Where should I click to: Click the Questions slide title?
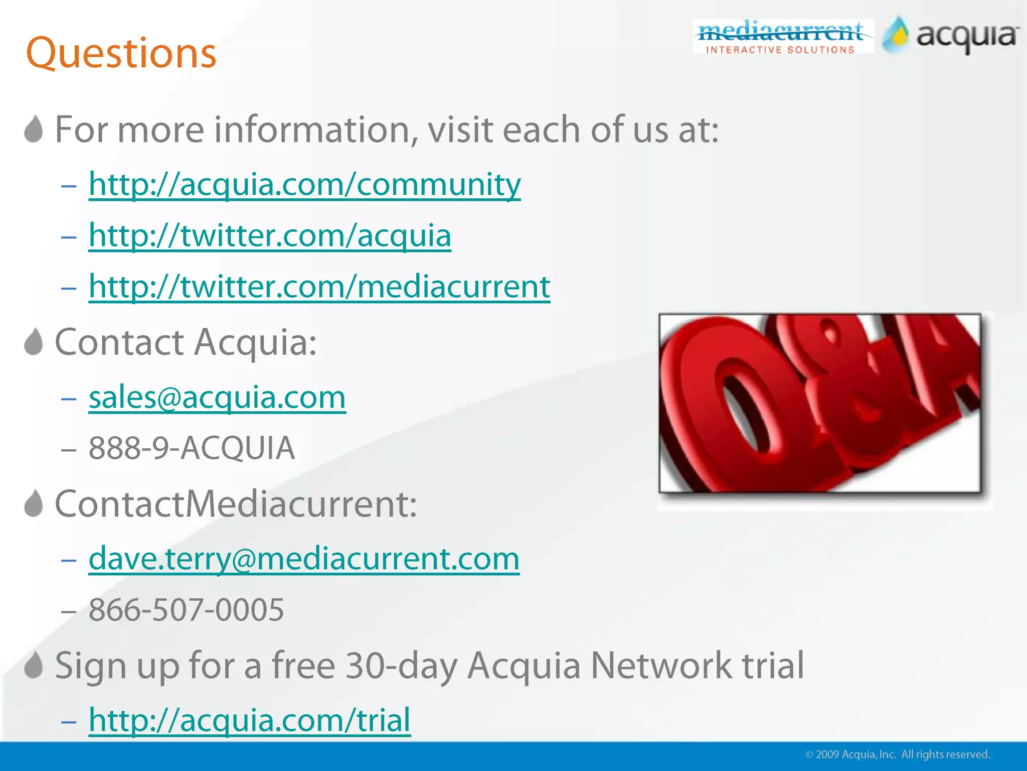click(x=121, y=53)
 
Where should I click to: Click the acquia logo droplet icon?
click(x=896, y=35)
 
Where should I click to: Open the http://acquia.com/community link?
click(x=304, y=185)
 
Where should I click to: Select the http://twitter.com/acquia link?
click(x=270, y=236)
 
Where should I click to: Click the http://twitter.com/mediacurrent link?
click(x=319, y=287)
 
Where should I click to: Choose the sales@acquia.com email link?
click(x=217, y=398)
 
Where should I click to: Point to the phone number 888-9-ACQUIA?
click(x=192, y=448)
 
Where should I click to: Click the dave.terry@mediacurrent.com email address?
click(x=304, y=559)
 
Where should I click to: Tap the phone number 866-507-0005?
click(x=186, y=610)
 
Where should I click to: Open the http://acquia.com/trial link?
click(x=249, y=720)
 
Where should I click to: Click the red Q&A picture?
click(x=819, y=403)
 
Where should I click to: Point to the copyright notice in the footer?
click(x=897, y=754)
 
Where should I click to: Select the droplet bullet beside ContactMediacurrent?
click(x=34, y=503)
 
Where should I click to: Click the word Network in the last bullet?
click(x=661, y=666)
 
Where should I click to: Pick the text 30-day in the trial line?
click(x=401, y=666)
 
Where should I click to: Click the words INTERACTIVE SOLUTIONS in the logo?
click(x=780, y=50)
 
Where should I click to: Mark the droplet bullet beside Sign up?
click(x=34, y=665)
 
